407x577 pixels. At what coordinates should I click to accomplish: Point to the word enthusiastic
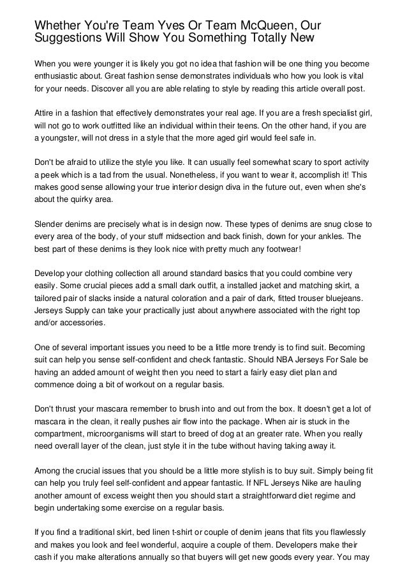pos(61,80)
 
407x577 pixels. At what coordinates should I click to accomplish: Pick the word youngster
pos(63,139)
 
